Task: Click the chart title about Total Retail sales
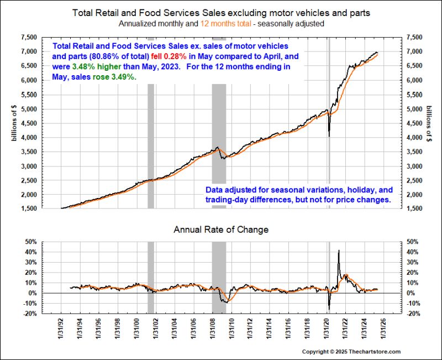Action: [x=221, y=12]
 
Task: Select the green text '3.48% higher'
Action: [x=90, y=66]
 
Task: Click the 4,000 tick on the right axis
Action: [x=414, y=138]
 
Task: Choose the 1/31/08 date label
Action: [x=213, y=332]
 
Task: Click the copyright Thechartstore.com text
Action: [x=351, y=352]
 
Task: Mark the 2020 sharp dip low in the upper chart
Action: [x=329, y=136]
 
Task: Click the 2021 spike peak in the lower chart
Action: [x=338, y=251]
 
